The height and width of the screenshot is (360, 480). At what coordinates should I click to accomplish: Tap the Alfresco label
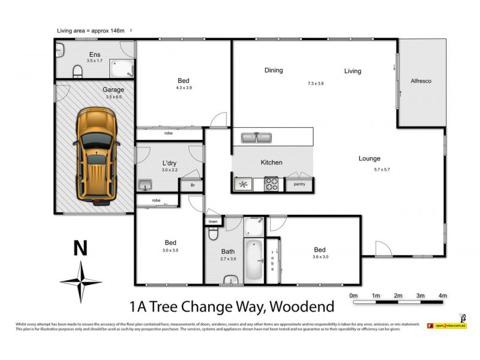click(x=421, y=80)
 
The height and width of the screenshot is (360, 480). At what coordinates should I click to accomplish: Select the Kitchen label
click(x=271, y=163)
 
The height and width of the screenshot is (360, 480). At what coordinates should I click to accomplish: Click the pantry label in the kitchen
click(x=299, y=184)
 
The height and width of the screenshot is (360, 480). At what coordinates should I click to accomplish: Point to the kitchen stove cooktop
click(x=271, y=184)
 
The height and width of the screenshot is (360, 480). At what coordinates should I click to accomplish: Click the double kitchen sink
click(x=257, y=137)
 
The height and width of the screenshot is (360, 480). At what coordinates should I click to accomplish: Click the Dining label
click(x=274, y=70)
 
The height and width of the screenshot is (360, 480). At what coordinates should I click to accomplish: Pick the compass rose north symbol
click(x=80, y=281)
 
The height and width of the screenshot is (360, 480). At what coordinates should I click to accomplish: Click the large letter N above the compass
click(x=77, y=248)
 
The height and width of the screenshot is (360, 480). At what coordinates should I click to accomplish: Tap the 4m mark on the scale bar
click(x=442, y=296)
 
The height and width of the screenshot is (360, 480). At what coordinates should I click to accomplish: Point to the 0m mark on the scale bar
click(x=353, y=296)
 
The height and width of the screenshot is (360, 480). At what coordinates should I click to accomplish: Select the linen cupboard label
click(x=212, y=222)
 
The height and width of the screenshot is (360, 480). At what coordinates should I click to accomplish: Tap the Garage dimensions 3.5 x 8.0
click(x=113, y=97)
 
